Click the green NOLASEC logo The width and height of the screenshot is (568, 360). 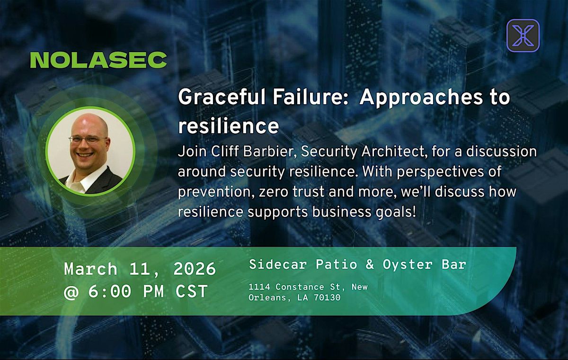(98, 60)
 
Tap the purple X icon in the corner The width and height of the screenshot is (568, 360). (523, 36)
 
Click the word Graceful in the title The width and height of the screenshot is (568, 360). (222, 98)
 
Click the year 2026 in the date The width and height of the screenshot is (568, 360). (195, 269)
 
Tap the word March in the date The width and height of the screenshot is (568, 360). (91, 269)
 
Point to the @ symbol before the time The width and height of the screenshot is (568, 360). (71, 292)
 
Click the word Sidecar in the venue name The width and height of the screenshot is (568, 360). (278, 264)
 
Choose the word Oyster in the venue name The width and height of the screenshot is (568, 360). (408, 265)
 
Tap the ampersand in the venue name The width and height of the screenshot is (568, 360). (370, 264)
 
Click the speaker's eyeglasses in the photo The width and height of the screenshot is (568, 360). (88, 139)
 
